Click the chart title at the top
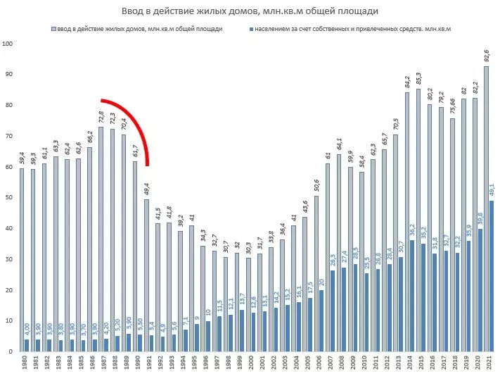pyautogui.click(x=250, y=11)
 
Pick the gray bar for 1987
pyautogui.click(x=101, y=239)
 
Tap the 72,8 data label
pyautogui.click(x=101, y=116)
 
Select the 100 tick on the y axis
pyautogui.click(x=8, y=44)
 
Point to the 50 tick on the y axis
pyautogui.click(x=10, y=198)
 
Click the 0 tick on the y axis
pyautogui.click(x=11, y=351)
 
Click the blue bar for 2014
pyautogui.click(x=412, y=296)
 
